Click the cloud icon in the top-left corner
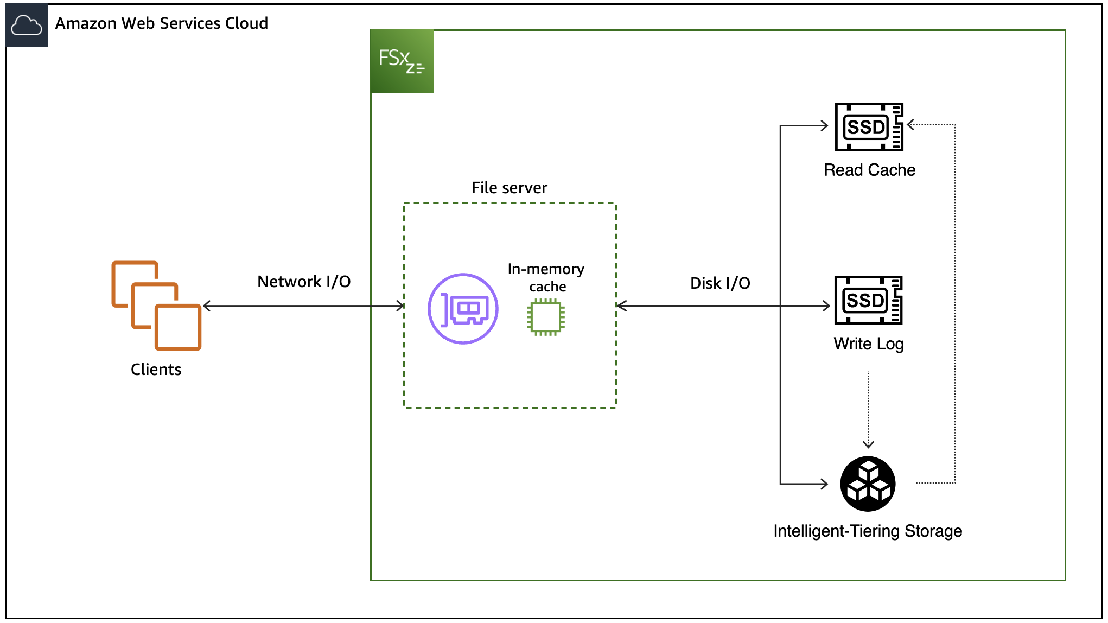point(27,26)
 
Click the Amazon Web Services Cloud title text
point(161,23)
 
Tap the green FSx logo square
point(402,61)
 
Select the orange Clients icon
point(156,306)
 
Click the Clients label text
point(156,370)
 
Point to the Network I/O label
point(304,282)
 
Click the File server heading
point(509,188)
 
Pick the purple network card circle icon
point(463,309)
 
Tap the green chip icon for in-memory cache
point(545,317)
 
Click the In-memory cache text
point(546,277)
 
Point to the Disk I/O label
point(720,283)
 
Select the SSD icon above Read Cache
point(869,127)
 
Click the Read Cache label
point(869,170)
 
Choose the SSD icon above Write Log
point(868,300)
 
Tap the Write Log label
point(868,344)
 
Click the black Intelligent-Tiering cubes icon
point(868,484)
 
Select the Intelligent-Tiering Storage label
point(868,531)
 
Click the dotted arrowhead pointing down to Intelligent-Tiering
point(868,444)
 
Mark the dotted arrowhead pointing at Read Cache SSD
point(910,124)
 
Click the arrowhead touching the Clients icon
point(207,306)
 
